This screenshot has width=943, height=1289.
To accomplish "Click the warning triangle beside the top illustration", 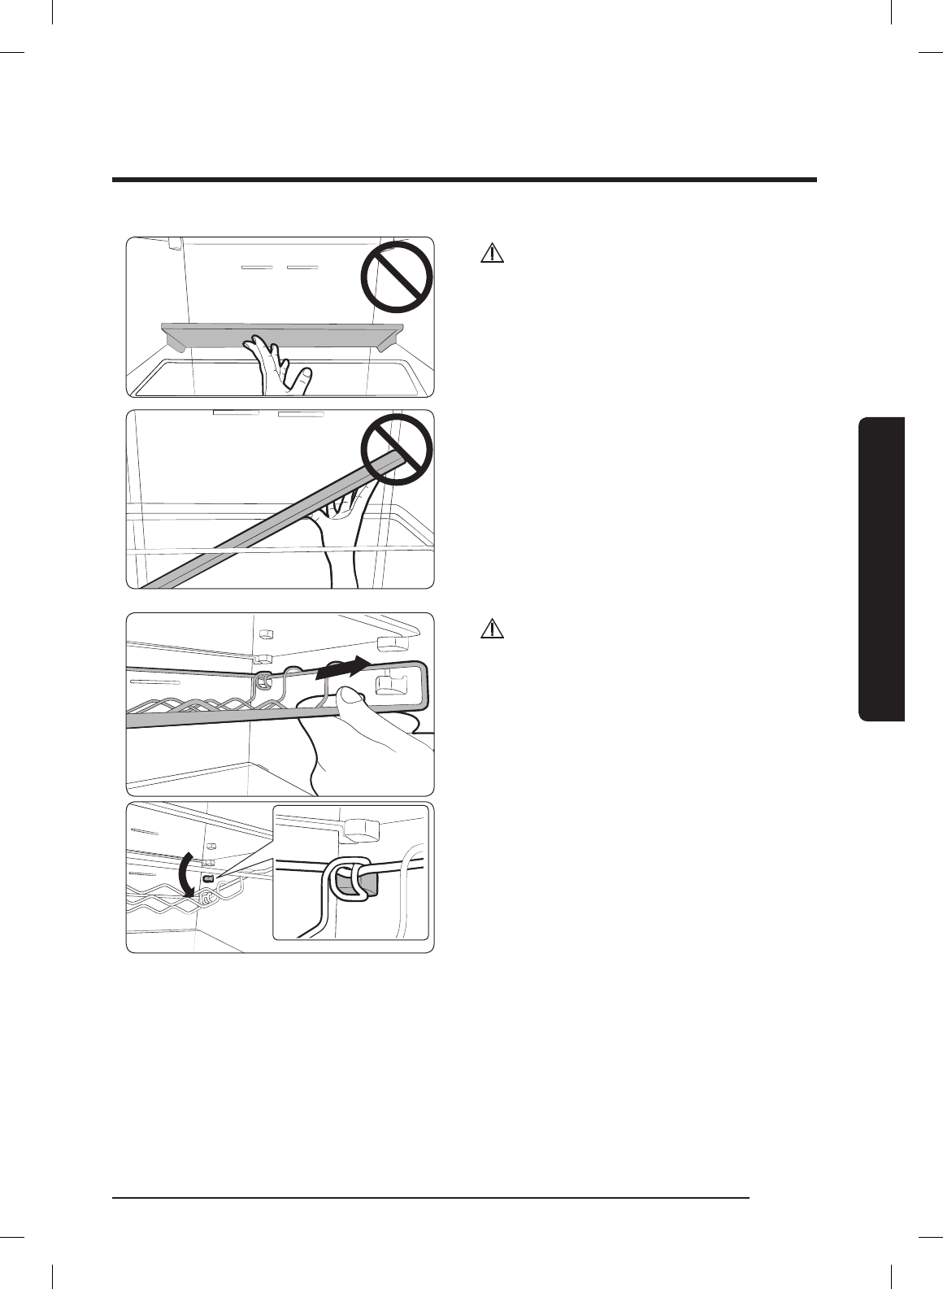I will tap(492, 253).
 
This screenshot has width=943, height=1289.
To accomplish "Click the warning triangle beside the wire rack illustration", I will tap(492, 628).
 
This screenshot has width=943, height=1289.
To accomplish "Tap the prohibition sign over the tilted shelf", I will tap(397, 449).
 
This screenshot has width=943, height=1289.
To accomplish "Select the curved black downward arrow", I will tap(186, 874).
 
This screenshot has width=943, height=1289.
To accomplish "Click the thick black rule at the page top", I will tap(464, 180).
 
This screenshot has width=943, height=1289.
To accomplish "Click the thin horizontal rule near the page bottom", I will tap(432, 1197).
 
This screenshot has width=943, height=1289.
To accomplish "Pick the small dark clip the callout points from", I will tap(207, 879).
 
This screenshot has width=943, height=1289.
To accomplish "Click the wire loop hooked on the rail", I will tap(263, 682).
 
